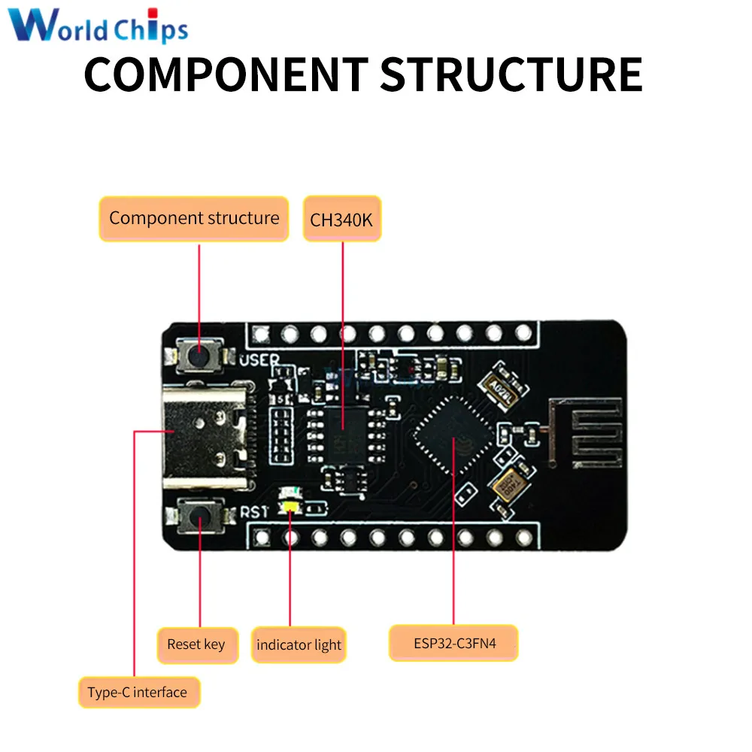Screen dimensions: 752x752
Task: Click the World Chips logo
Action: click(99, 26)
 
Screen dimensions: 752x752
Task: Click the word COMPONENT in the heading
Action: click(226, 74)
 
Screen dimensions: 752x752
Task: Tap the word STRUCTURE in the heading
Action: click(511, 74)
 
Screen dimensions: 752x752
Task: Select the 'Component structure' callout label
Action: click(194, 219)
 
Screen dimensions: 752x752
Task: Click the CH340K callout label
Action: click(342, 220)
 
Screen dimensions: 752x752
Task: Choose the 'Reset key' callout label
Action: click(196, 644)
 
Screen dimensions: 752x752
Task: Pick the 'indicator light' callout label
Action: click(299, 645)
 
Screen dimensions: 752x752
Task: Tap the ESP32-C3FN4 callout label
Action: click(453, 644)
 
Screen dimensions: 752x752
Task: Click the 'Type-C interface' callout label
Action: click(138, 692)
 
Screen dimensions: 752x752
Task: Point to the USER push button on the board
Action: click(199, 354)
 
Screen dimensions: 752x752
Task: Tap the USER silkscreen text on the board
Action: click(259, 360)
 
